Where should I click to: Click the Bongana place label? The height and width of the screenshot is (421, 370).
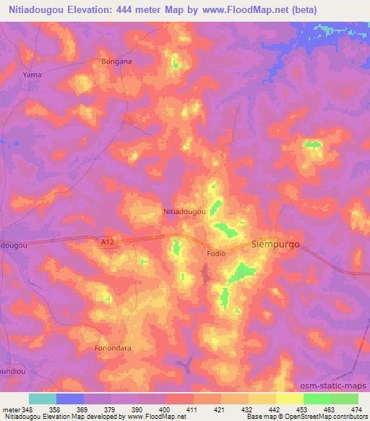[x=117, y=61]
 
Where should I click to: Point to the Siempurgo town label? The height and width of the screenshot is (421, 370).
[x=275, y=244]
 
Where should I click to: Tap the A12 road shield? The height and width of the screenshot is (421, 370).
[x=107, y=245]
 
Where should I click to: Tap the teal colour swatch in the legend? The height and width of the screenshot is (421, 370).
[x=42, y=399]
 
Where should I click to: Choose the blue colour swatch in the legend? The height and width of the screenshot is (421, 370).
[x=70, y=399]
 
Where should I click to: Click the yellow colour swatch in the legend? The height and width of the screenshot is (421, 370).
[x=289, y=399]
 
